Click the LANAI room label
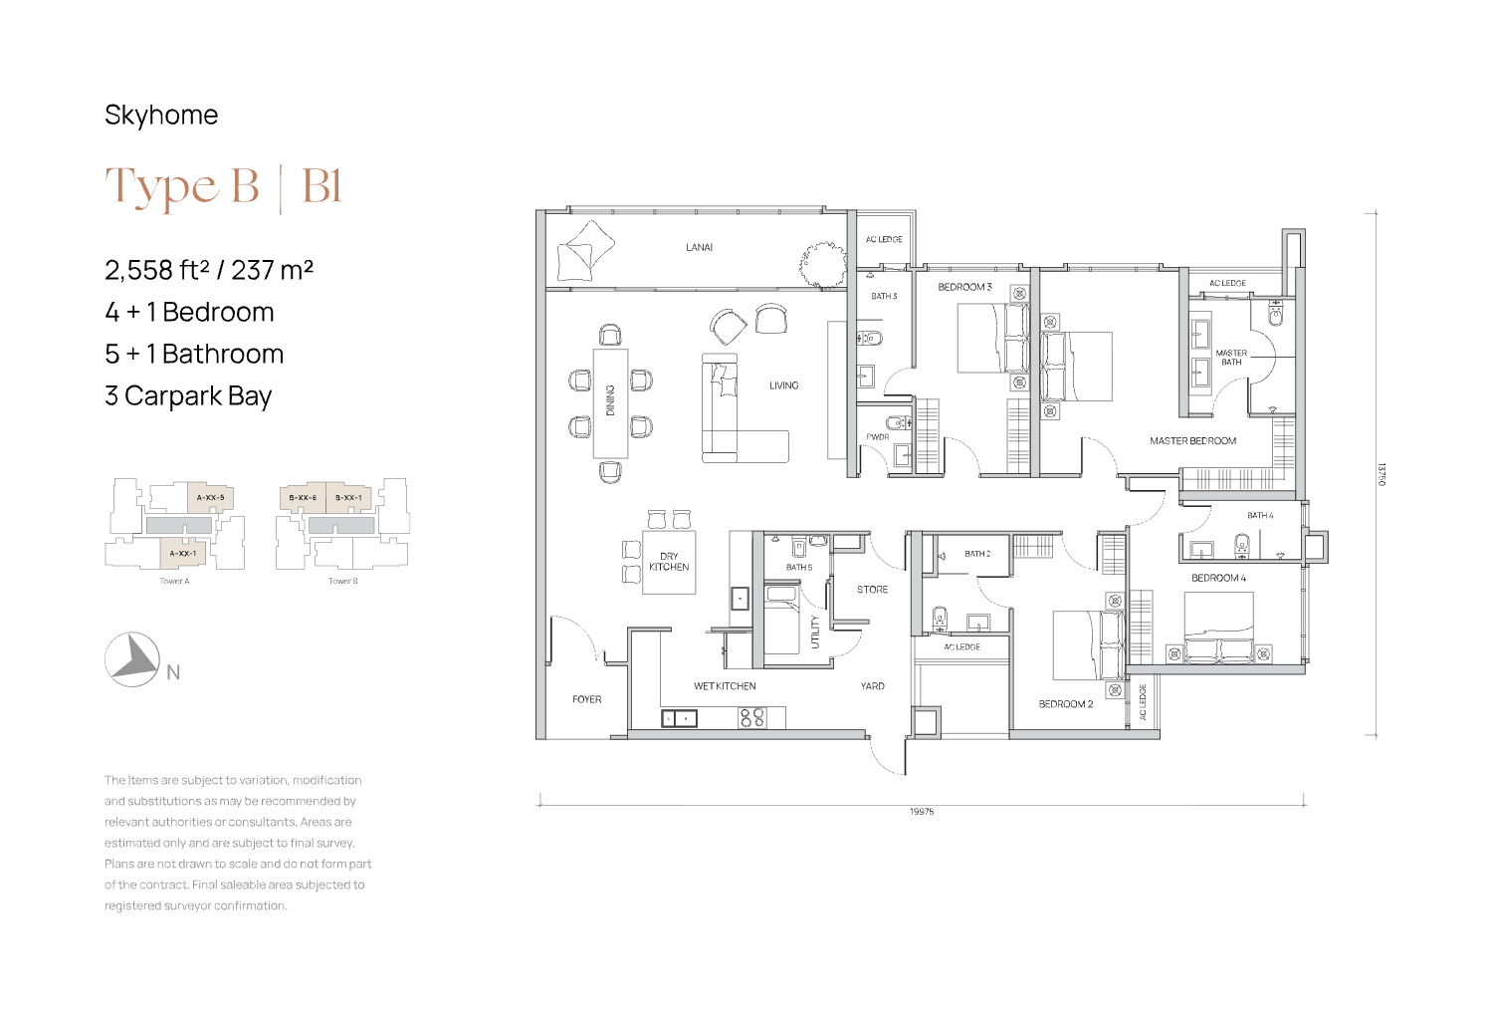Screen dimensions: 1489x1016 699,247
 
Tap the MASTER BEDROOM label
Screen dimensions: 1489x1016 1192,440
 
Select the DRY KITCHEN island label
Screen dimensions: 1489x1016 669,562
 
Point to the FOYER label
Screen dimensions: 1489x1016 586,699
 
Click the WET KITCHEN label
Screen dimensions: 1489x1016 725,686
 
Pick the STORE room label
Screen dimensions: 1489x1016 872,590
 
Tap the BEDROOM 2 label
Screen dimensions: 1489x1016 1066,704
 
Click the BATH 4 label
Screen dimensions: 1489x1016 1260,515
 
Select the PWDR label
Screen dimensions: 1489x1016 878,437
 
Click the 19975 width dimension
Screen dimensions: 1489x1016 922,812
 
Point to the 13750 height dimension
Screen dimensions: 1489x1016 1382,474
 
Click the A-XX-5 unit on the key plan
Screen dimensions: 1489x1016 210,498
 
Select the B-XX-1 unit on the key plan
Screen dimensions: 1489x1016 348,498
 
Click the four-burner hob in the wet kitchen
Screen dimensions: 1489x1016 751,717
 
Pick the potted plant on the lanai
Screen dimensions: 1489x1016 823,264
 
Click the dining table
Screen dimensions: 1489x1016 610,403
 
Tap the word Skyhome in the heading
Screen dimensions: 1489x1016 161,116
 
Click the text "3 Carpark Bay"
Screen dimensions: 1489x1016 188,395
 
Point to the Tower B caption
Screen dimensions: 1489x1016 343,581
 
